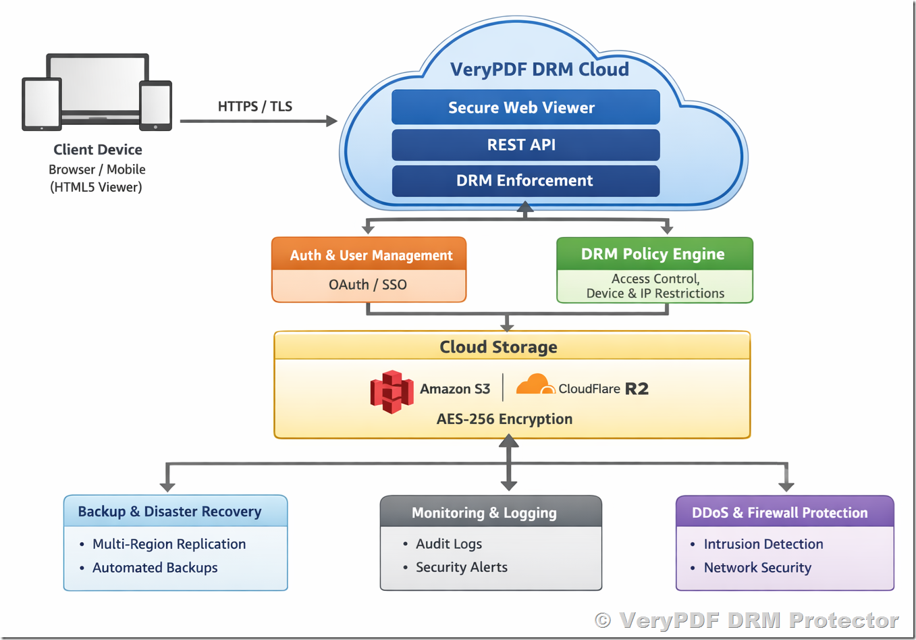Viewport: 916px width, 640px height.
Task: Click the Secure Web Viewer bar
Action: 525,107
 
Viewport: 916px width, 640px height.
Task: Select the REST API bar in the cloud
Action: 525,144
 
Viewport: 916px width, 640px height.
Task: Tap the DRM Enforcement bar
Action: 525,180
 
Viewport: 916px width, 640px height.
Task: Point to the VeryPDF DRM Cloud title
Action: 539,69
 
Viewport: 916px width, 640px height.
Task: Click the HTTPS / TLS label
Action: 254,106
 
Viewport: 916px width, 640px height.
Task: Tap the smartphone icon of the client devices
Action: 155,105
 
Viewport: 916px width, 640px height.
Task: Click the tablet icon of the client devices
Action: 42,104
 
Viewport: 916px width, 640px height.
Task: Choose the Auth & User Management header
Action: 369,255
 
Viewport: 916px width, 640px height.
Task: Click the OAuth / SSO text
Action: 368,284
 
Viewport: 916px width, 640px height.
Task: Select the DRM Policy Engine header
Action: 653,254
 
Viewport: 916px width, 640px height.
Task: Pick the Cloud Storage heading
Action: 498,346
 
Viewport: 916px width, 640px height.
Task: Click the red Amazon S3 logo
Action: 392,391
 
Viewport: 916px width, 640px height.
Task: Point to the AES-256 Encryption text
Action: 504,419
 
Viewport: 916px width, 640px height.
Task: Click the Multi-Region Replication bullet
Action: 169,543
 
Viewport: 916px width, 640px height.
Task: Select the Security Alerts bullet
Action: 461,567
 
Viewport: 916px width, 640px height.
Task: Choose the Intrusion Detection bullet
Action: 763,543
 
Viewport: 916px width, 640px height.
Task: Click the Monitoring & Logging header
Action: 484,512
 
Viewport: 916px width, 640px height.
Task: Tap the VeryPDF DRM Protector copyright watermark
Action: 747,620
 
